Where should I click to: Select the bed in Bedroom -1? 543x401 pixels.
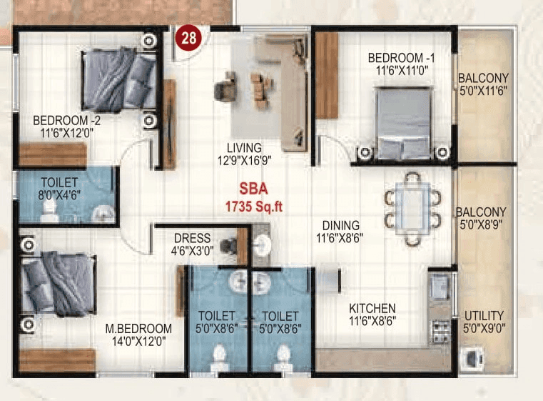(403, 122)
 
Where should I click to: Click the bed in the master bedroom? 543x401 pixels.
(59, 284)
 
